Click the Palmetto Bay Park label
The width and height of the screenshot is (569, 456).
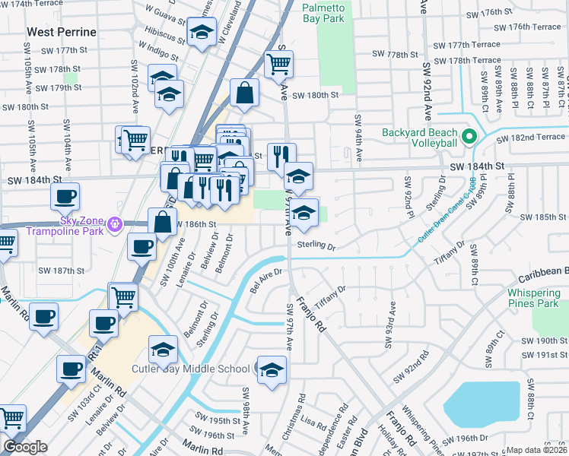click(x=323, y=13)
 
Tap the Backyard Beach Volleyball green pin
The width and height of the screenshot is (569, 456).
click(x=469, y=137)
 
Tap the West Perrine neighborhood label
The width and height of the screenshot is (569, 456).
click(x=62, y=32)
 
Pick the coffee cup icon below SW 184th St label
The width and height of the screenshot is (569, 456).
click(x=65, y=196)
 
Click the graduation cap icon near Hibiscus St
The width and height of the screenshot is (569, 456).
click(x=201, y=33)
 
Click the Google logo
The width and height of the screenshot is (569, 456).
click(x=26, y=446)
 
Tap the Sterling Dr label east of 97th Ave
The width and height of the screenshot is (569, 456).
click(x=316, y=245)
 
